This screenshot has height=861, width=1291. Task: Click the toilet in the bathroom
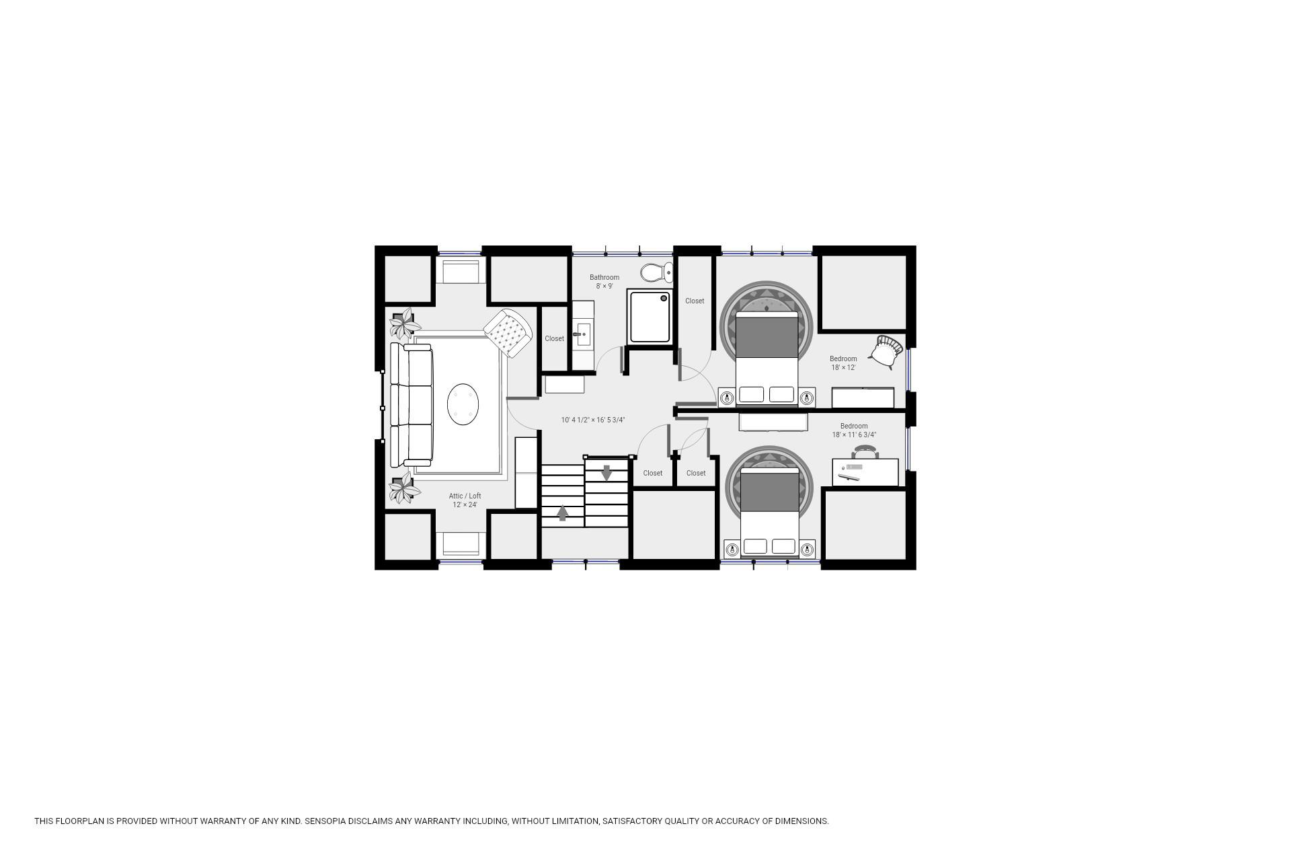656,272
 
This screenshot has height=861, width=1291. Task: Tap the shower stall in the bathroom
650,316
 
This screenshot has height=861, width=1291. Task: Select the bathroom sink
583,333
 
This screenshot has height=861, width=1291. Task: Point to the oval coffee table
463,405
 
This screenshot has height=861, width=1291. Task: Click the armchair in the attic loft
508,333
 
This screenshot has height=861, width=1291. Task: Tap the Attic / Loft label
465,496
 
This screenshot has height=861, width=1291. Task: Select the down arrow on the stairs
607,473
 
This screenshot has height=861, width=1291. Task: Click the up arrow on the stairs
563,513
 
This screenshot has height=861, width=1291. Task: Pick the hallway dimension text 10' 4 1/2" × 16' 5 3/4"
593,420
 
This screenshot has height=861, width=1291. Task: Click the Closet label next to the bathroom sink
554,338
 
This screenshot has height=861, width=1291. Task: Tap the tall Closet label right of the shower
695,301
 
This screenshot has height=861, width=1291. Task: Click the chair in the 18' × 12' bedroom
886,351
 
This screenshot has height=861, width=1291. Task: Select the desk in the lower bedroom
865,472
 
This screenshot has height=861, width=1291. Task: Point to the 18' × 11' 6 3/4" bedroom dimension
854,435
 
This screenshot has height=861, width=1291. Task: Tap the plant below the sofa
405,488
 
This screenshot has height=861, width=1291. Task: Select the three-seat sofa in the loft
412,405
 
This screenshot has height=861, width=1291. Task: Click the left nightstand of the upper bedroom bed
726,398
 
